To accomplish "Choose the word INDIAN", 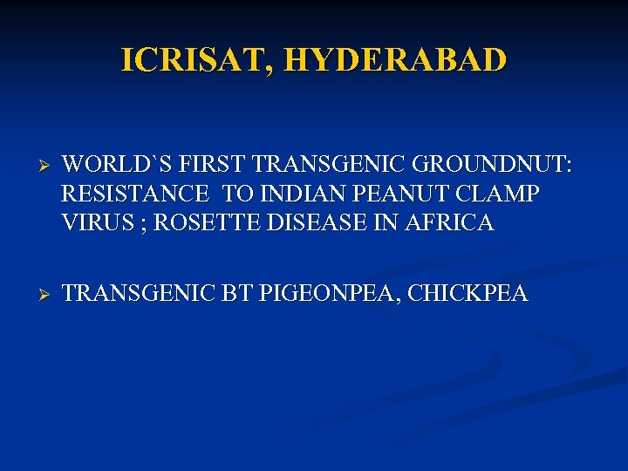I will pyautogui.click(x=290, y=194).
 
